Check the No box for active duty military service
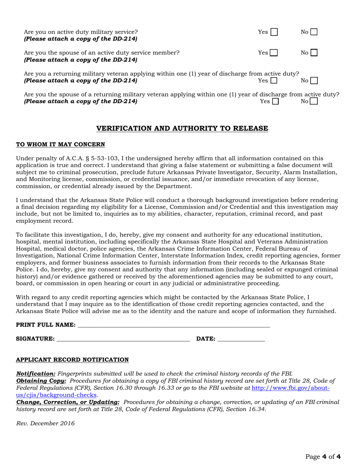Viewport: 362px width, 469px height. point(314,32)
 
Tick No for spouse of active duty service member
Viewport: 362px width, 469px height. point(314,53)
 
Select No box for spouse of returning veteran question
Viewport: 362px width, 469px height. point(314,101)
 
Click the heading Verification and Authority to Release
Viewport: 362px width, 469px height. point(182,128)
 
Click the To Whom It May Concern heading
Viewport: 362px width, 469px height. point(60,145)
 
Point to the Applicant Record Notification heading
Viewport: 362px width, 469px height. point(72,360)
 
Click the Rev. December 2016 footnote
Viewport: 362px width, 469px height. point(45,423)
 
